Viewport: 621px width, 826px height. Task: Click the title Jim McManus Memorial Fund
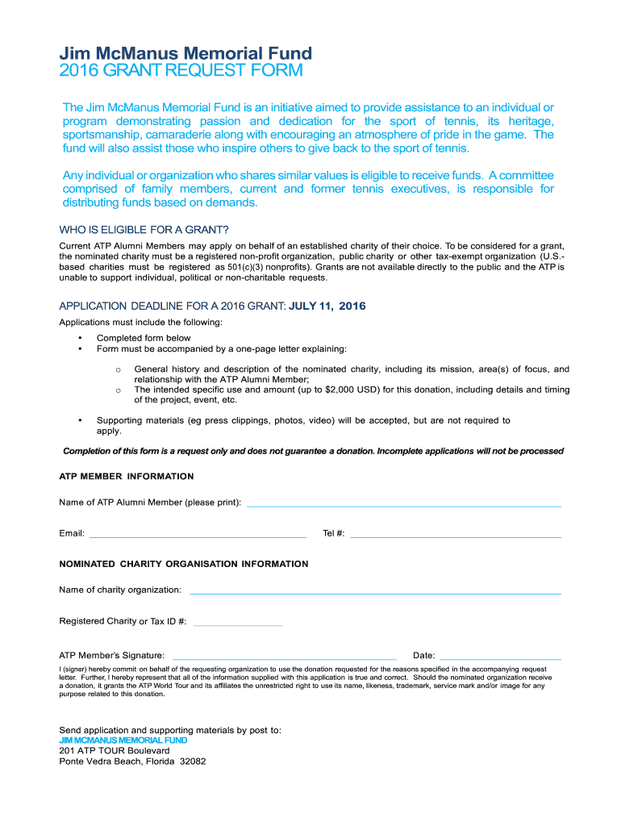point(185,53)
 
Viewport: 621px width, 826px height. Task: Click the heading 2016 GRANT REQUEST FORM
point(181,71)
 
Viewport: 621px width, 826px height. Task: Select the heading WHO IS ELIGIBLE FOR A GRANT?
point(144,229)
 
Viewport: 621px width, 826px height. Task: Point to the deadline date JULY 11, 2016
point(327,306)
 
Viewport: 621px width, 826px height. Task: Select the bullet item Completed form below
point(144,338)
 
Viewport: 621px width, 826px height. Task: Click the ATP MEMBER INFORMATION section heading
point(127,477)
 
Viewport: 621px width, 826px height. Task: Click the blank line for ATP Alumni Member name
point(403,504)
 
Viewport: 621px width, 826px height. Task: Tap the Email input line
point(198,535)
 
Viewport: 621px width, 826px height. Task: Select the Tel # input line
point(456,535)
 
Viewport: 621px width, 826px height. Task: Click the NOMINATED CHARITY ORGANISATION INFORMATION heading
point(184,564)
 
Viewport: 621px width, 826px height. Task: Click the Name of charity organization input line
point(375,592)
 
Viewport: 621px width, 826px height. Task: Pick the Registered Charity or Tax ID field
point(239,624)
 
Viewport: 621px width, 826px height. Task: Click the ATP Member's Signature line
point(285,657)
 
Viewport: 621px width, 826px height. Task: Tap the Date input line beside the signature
point(500,657)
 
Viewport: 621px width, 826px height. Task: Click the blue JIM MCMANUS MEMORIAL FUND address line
point(123,740)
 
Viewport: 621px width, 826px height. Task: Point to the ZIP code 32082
point(193,761)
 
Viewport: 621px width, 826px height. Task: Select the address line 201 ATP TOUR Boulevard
point(115,750)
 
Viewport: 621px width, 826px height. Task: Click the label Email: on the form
point(72,534)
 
